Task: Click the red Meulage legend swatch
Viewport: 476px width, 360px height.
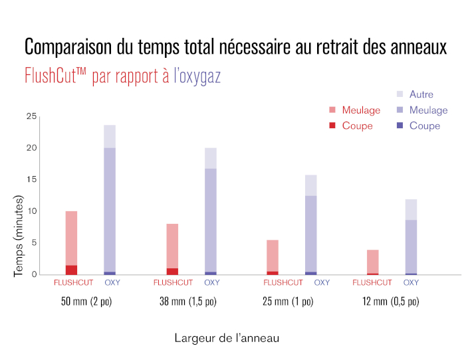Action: [x=333, y=110]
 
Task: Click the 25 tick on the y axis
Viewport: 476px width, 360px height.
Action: [x=31, y=116]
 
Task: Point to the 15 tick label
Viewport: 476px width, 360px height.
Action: [x=31, y=179]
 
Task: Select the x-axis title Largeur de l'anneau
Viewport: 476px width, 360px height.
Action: [x=227, y=338]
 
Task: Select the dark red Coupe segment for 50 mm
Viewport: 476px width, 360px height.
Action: [x=71, y=270]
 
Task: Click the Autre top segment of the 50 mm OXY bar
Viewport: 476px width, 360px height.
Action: [x=110, y=136]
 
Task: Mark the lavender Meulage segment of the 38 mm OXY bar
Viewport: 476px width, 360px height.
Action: [x=211, y=219]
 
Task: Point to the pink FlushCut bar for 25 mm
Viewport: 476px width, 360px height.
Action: [x=272, y=256]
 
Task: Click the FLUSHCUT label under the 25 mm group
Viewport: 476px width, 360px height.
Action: [x=283, y=283]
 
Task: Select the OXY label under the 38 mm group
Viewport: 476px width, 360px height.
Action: [x=211, y=283]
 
